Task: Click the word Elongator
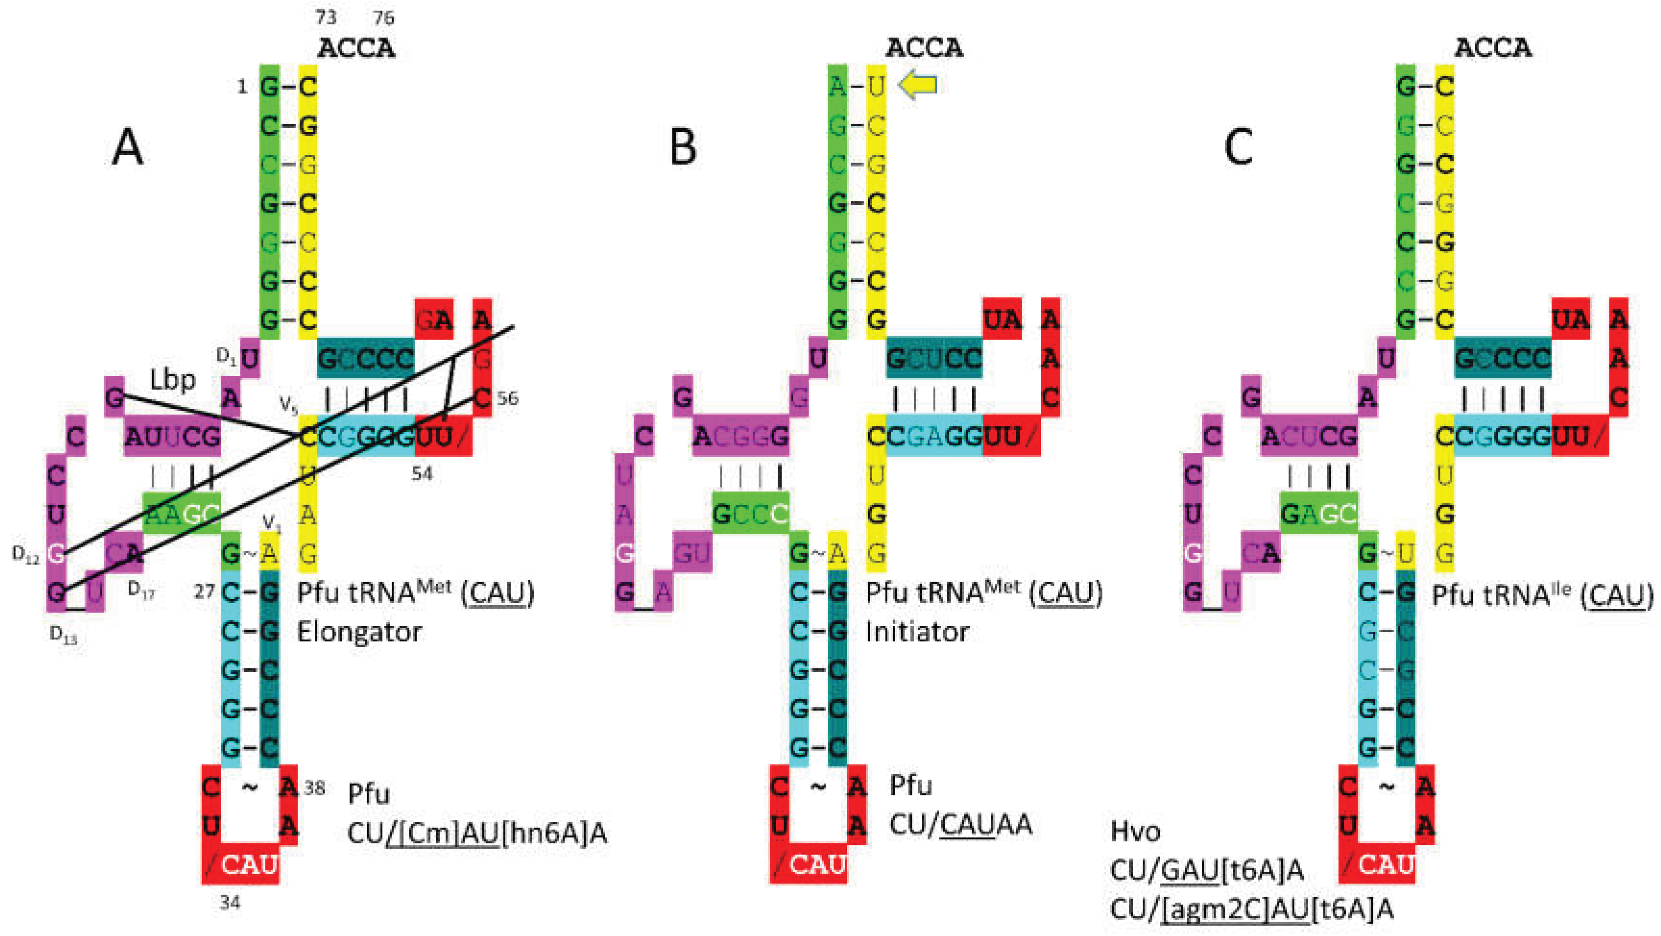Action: point(358,632)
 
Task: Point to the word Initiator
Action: point(917,632)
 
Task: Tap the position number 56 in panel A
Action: point(507,398)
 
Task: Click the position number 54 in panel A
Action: point(422,474)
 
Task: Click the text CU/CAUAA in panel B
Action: point(961,825)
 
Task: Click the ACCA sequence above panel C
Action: point(1492,48)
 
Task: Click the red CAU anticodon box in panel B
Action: point(809,865)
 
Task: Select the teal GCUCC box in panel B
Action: point(934,358)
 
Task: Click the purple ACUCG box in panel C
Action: point(1309,437)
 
